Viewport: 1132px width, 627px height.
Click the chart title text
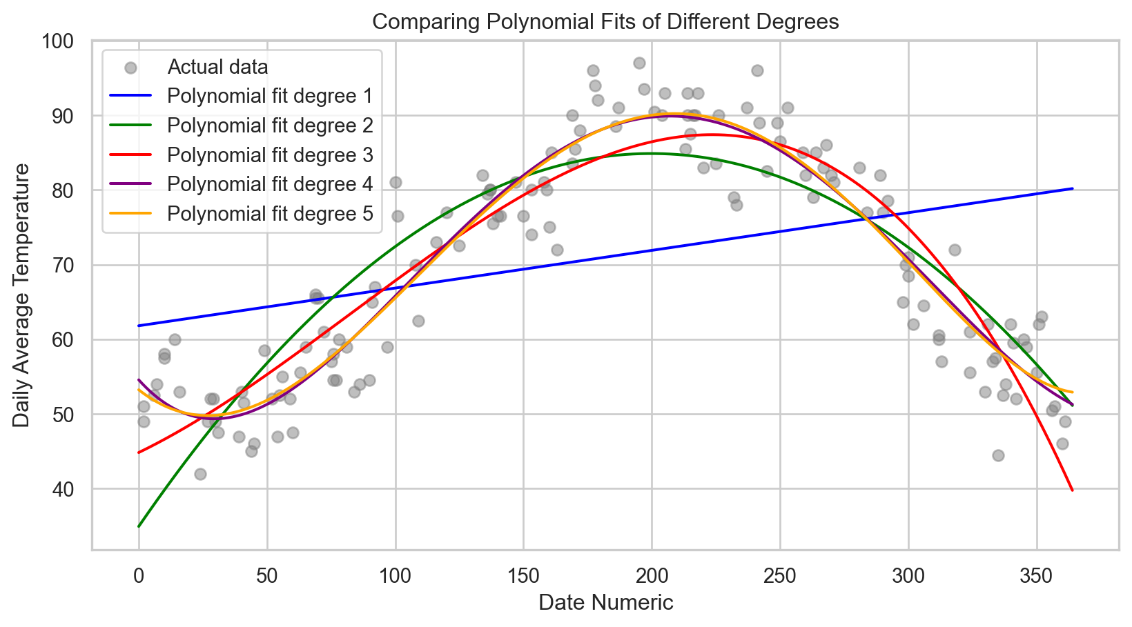[x=605, y=22]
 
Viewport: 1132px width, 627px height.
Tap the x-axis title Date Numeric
[x=605, y=603]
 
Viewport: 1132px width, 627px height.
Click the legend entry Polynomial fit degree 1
[x=270, y=96]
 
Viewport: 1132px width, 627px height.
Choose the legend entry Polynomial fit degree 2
[x=270, y=126]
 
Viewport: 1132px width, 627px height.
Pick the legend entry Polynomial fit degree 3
[x=270, y=155]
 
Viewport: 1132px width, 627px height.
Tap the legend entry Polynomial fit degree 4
[x=270, y=184]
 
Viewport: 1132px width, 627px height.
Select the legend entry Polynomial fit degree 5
[x=270, y=214]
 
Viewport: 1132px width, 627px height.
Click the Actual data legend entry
[x=217, y=67]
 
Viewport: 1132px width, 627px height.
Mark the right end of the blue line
[x=1073, y=188]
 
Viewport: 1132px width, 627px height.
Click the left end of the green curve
[x=139, y=526]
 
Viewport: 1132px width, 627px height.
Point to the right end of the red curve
[x=1073, y=490]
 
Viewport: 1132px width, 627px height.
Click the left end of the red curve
[x=139, y=452]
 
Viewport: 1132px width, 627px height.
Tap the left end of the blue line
[x=139, y=326]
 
